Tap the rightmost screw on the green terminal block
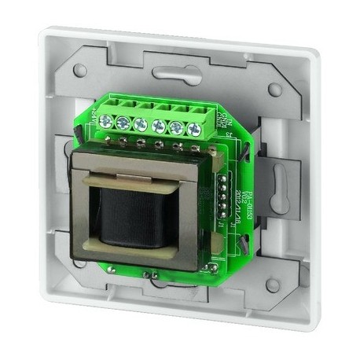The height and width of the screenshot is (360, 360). click(x=194, y=129)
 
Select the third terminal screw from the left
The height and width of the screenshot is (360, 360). click(x=141, y=123)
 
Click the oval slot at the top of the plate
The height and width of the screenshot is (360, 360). click(x=174, y=75)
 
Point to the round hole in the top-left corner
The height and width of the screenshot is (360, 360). click(x=80, y=70)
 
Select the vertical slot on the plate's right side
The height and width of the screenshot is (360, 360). click(x=277, y=178)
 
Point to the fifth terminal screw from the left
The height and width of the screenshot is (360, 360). click(x=177, y=127)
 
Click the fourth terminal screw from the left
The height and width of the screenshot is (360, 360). click(x=160, y=125)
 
